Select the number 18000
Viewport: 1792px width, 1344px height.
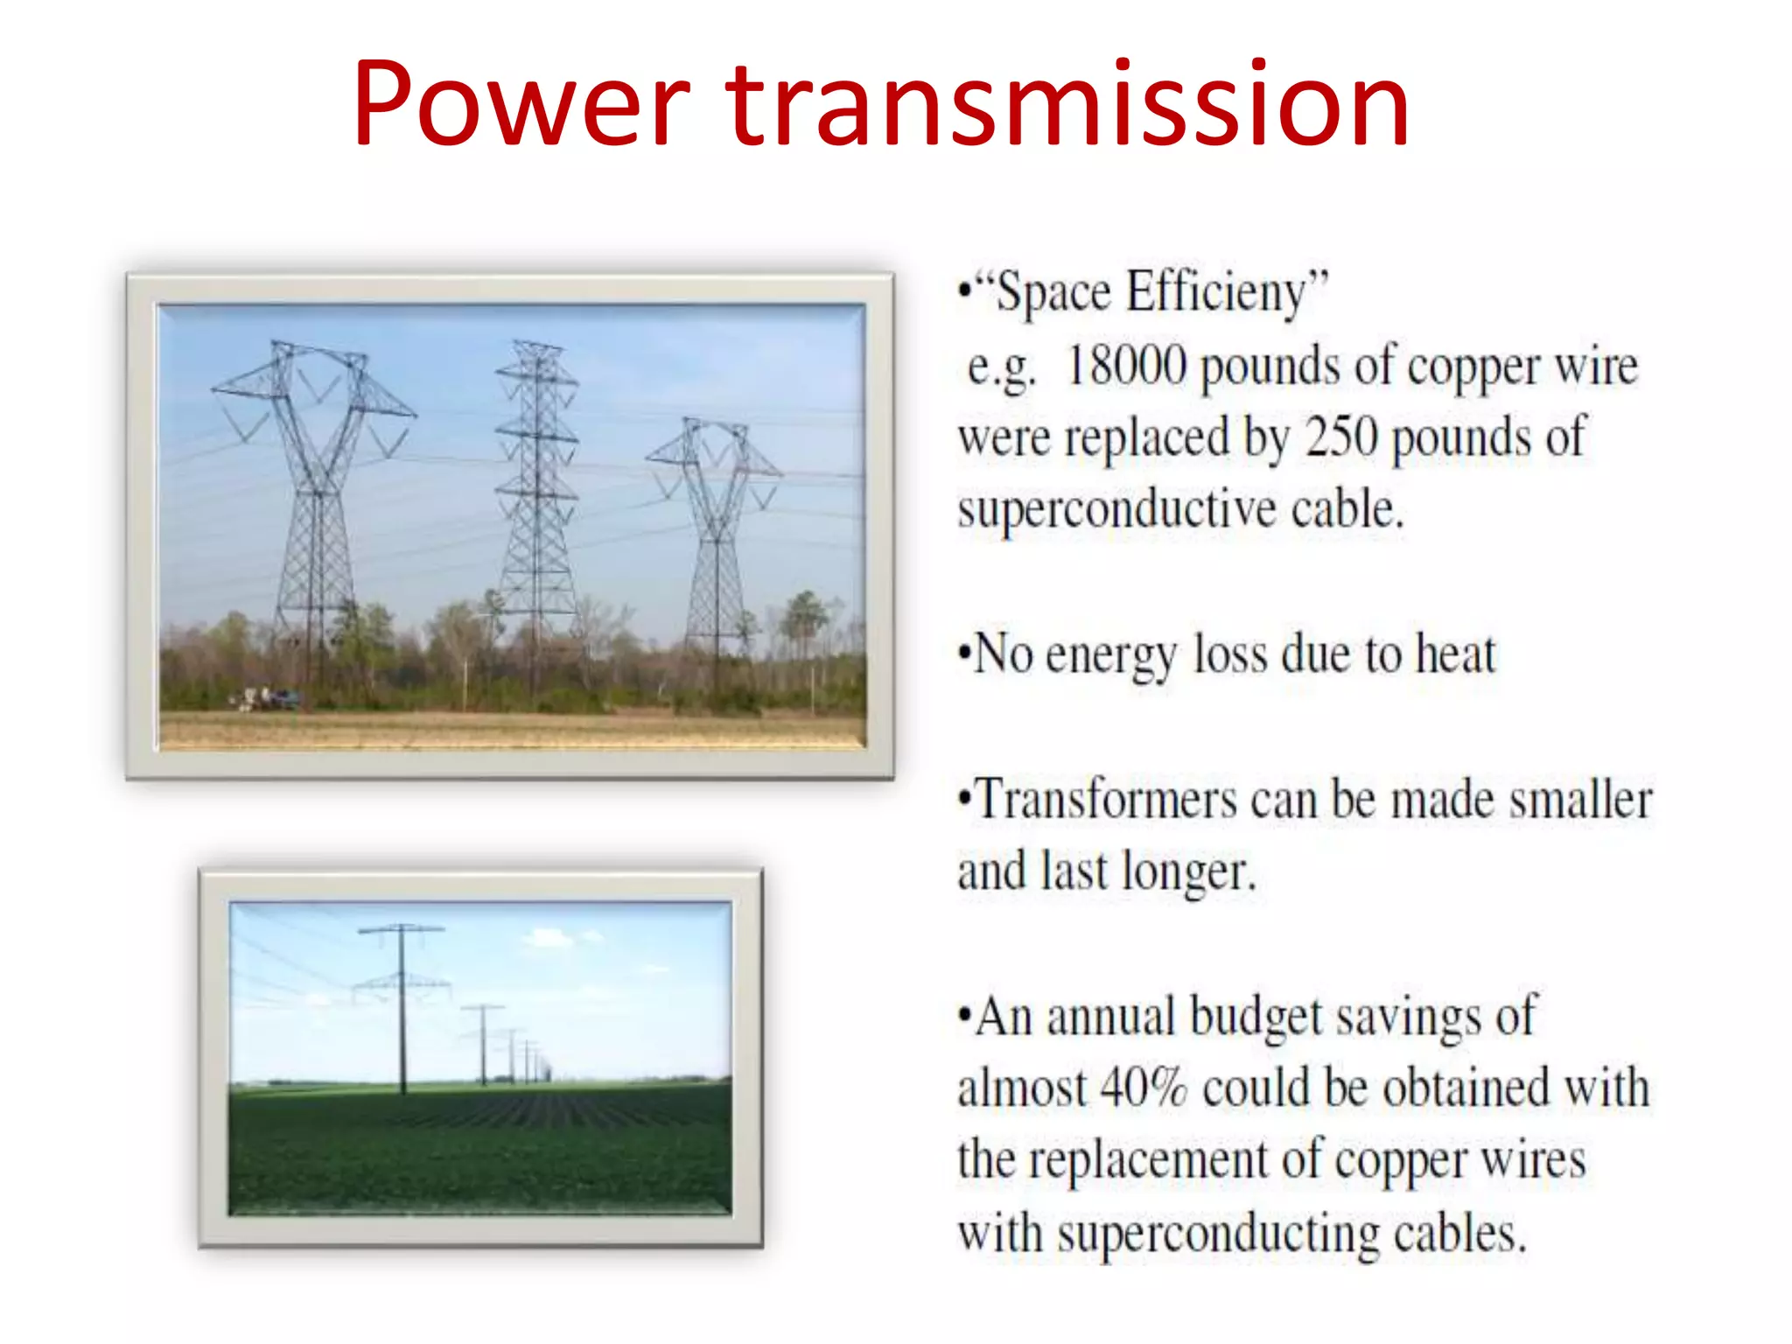coord(1127,365)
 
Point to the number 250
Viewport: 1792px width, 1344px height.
coord(1341,437)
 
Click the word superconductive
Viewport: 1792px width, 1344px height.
coord(1116,509)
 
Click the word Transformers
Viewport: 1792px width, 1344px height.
coord(1105,800)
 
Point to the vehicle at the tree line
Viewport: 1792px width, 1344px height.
coord(271,698)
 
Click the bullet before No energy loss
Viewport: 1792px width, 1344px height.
coord(964,654)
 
